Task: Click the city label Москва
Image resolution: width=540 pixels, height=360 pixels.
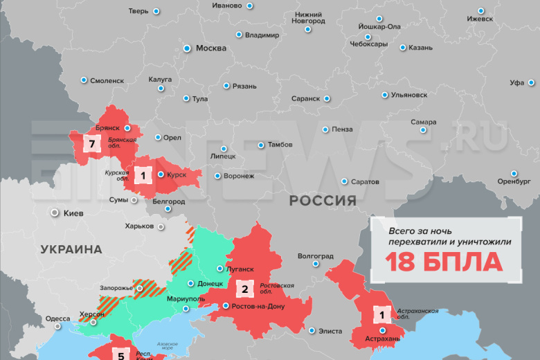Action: pos(210,48)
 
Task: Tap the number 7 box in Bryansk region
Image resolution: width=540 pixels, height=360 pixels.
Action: pos(91,144)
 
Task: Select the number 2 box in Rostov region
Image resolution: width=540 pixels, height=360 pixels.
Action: pos(245,289)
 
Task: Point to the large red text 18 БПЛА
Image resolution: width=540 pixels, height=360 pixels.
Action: pos(444,262)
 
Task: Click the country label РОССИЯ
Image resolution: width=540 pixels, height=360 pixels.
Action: pos(323,201)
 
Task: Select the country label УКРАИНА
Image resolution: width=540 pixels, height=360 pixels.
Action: pos(71,249)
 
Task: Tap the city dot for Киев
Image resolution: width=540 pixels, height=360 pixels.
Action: pos(54,213)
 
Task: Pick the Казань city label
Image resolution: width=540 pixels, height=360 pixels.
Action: pos(420,48)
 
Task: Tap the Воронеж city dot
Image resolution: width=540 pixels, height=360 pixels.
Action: pos(218,176)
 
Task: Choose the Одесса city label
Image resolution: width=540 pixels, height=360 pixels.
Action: pos(57,319)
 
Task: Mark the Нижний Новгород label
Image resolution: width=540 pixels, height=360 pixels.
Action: pos(309,17)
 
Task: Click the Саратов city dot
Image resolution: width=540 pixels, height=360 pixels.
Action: pos(344,181)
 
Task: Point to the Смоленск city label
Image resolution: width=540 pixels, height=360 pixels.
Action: pos(107,80)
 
